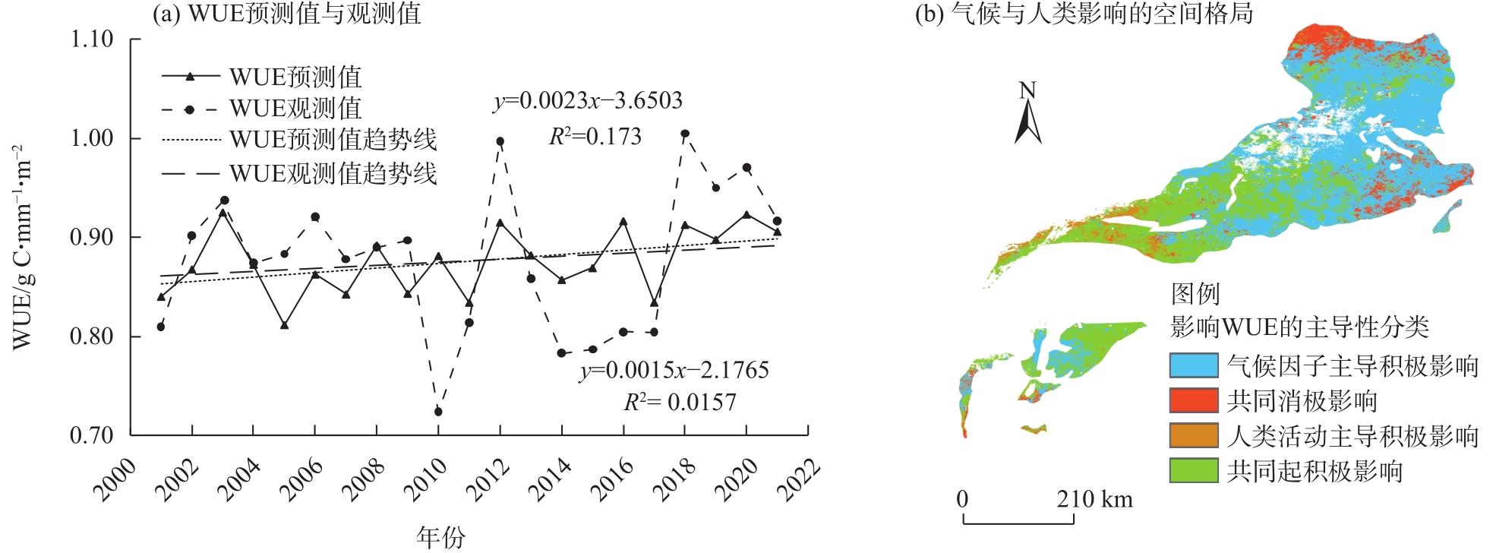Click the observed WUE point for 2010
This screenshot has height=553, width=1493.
(438, 412)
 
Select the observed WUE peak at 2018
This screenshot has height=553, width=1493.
(685, 134)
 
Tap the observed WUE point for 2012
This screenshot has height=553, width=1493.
(500, 141)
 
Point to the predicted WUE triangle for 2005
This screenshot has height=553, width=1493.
(284, 325)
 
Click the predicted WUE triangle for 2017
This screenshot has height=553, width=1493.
(654, 302)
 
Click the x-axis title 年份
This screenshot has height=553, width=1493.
(440, 537)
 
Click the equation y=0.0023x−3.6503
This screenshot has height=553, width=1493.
(588, 100)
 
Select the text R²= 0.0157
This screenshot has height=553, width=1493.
(680, 402)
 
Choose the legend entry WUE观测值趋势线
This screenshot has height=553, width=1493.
(299, 174)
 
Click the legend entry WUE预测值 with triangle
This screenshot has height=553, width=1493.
(261, 77)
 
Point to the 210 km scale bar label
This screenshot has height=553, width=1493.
(1095, 499)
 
